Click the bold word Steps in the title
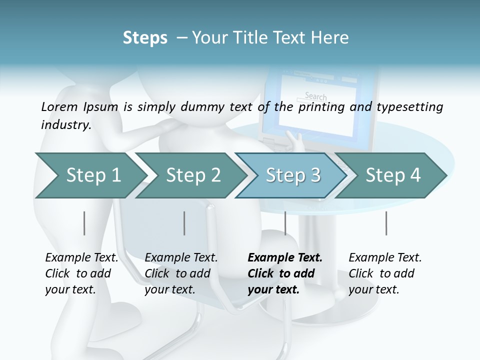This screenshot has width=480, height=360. (145, 38)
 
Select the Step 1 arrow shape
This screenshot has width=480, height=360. (90, 175)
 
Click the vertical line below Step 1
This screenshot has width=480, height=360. (84, 223)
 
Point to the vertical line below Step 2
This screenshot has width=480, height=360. (184, 223)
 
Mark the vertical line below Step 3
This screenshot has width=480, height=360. (285, 223)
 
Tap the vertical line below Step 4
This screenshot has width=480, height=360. (386, 223)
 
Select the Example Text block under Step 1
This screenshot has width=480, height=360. (81, 273)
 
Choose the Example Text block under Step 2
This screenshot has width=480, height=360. (180, 273)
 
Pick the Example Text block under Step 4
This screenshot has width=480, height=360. (384, 273)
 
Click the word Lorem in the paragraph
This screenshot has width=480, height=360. (59, 106)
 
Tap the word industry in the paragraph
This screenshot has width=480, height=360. (65, 125)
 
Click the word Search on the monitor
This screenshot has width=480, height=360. (315, 96)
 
